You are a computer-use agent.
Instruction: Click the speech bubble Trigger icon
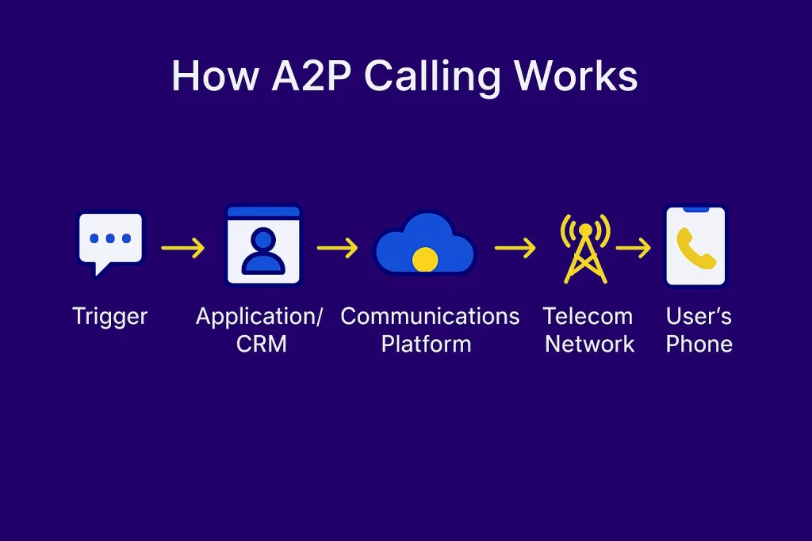(x=110, y=243)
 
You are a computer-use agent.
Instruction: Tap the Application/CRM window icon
(x=263, y=245)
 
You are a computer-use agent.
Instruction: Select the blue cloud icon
(x=425, y=243)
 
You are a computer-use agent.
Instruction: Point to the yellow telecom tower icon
(x=585, y=249)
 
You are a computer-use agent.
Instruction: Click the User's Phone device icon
(x=695, y=246)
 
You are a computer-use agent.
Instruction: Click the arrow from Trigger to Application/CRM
(x=183, y=248)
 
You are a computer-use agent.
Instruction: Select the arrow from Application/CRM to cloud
(x=338, y=248)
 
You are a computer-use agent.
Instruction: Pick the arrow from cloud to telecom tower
(x=515, y=248)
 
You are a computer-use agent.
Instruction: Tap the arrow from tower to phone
(x=634, y=248)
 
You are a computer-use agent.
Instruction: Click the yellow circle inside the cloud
(x=425, y=259)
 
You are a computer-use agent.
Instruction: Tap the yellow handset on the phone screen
(x=696, y=248)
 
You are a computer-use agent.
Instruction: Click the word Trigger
(x=109, y=317)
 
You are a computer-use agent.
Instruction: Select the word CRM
(x=262, y=344)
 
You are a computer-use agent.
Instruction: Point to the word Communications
(x=430, y=316)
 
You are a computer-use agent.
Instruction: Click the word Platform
(x=426, y=344)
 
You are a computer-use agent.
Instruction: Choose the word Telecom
(x=588, y=316)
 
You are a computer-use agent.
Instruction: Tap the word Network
(x=590, y=344)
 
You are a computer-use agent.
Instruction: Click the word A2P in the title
(x=312, y=76)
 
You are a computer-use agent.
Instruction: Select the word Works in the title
(x=575, y=76)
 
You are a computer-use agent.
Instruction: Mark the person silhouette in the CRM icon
(x=263, y=251)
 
